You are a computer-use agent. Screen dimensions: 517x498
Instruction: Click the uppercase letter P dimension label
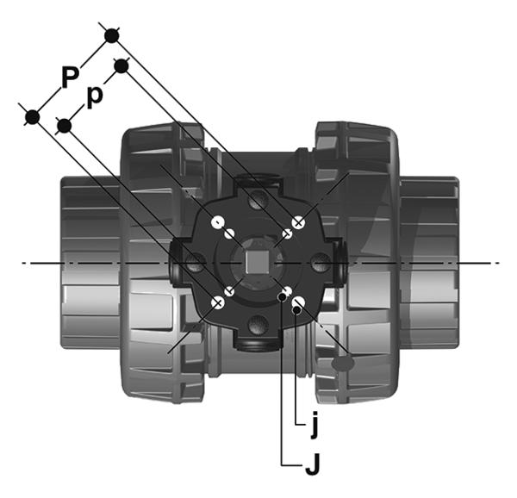click(x=71, y=77)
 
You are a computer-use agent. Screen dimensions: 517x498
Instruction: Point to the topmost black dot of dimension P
click(x=112, y=35)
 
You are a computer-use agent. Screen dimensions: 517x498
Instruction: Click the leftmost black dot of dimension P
click(x=33, y=117)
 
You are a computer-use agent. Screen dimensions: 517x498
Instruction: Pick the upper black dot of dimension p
click(x=121, y=66)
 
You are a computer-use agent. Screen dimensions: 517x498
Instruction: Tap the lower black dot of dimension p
click(x=64, y=126)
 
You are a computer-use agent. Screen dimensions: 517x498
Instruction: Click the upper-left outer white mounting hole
click(x=218, y=222)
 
